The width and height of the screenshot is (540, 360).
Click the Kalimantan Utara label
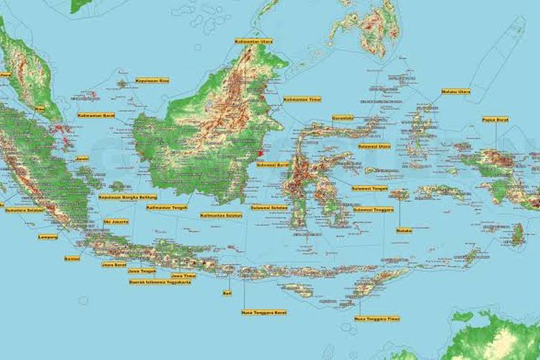(x=253, y=42)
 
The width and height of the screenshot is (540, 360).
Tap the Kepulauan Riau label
(x=152, y=81)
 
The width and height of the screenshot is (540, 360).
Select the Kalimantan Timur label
(x=302, y=99)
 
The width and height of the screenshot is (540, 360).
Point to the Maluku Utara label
(x=456, y=91)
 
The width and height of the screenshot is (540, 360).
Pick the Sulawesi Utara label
(x=374, y=145)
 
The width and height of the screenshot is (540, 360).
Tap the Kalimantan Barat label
(x=96, y=114)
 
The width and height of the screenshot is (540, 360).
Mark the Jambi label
(x=82, y=158)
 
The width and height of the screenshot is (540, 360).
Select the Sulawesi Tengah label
(x=370, y=189)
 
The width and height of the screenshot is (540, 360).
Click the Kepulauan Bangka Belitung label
(x=127, y=197)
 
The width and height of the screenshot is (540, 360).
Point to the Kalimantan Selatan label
(x=221, y=215)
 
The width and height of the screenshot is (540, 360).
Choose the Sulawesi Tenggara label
(x=374, y=210)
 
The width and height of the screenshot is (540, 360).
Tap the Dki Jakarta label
(x=117, y=222)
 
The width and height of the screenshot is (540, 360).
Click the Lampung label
(x=48, y=236)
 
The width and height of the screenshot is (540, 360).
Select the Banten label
(x=72, y=258)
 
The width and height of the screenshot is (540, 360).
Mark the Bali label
(x=228, y=293)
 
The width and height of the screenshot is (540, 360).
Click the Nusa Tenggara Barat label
(x=264, y=312)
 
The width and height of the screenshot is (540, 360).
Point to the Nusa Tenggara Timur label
(x=377, y=318)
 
